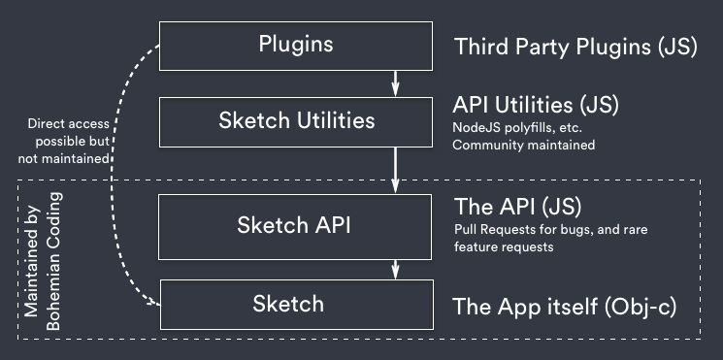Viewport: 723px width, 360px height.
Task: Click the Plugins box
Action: [x=296, y=45]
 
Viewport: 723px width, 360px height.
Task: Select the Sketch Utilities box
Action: [x=296, y=121]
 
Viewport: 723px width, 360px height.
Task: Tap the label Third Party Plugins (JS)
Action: [x=575, y=46]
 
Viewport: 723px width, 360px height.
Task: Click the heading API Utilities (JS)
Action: [x=536, y=104]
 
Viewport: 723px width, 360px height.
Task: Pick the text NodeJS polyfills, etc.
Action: [x=517, y=126]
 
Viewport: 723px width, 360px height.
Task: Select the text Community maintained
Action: [x=524, y=146]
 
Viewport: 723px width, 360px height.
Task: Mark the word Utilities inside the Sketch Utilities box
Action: [x=335, y=121]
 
